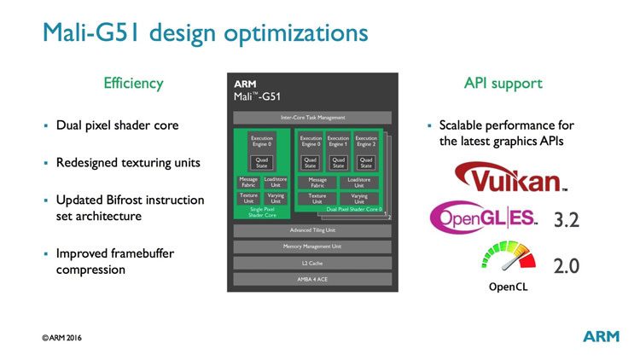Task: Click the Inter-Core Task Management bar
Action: (312, 117)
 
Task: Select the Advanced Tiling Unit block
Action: (312, 230)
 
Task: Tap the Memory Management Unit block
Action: (312, 247)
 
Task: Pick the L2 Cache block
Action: (312, 263)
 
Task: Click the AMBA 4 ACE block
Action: (312, 278)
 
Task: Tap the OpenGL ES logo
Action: (484, 216)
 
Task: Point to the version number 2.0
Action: (567, 265)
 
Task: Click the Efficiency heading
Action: (133, 84)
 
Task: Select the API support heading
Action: (503, 84)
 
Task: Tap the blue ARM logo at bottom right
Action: (602, 336)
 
